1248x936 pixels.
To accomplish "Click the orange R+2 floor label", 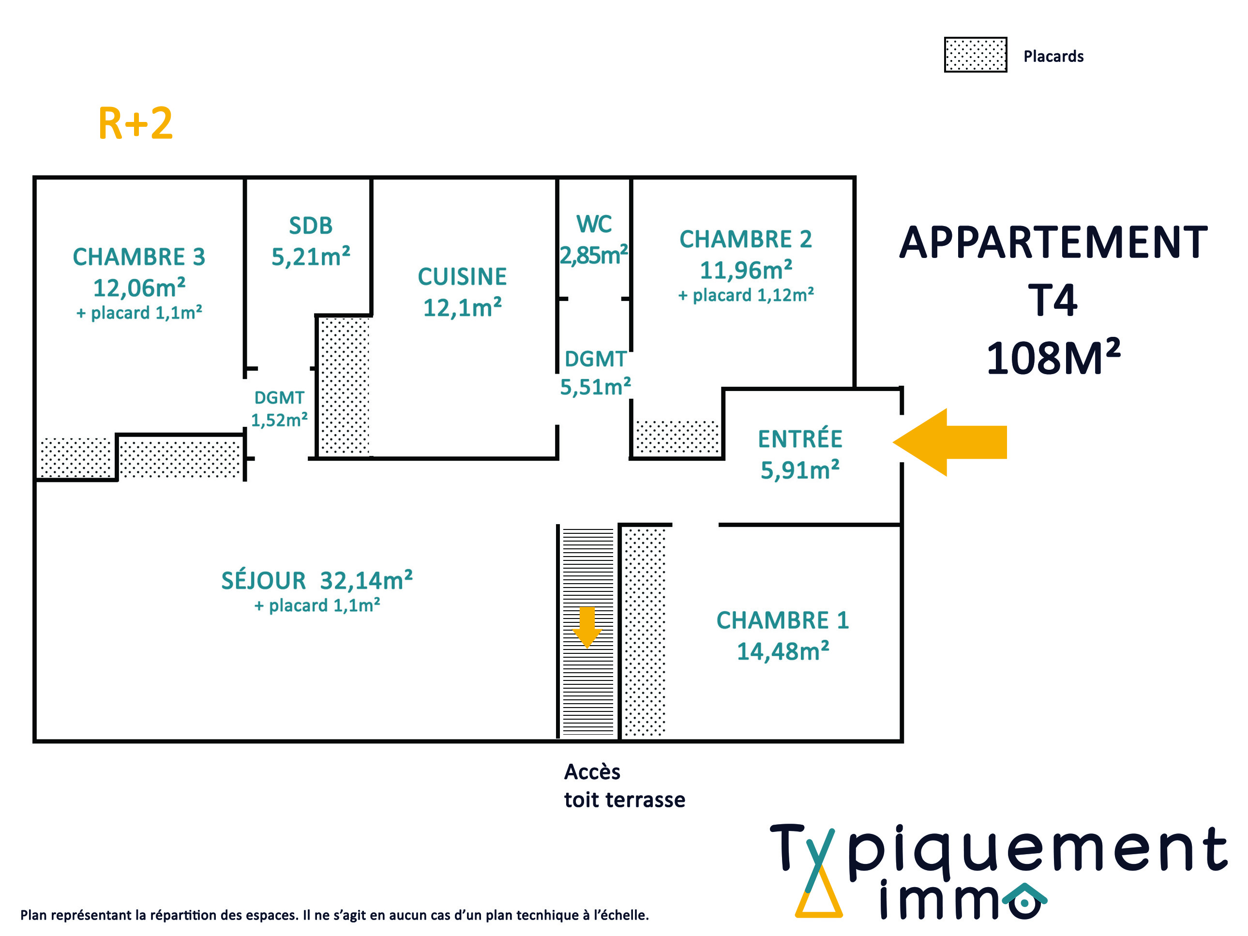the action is [135, 123].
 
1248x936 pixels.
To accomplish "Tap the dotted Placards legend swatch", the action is [976, 55].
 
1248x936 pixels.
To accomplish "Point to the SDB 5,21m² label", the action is [311, 241].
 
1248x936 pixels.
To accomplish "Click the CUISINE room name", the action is [462, 276].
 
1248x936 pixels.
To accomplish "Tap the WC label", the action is [594, 224].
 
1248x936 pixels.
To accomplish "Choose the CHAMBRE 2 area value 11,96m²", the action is [746, 270].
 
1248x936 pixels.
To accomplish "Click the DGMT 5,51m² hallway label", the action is [595, 373].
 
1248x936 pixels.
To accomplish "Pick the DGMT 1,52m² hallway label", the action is [279, 409].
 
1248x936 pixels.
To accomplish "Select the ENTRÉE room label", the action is [800, 439].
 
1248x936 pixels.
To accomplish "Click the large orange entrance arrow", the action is [949, 442].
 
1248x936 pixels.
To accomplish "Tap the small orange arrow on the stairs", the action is [587, 627].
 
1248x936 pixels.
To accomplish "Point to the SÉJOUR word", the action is [263, 581].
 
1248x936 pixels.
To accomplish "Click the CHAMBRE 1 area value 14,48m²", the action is [783, 650].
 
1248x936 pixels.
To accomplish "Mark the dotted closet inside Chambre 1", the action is [644, 632].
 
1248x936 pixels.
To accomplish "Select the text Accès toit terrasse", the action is [625, 786].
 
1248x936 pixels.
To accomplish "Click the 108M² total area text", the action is [1053, 357].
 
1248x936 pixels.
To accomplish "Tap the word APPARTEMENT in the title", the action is [1053, 242].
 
